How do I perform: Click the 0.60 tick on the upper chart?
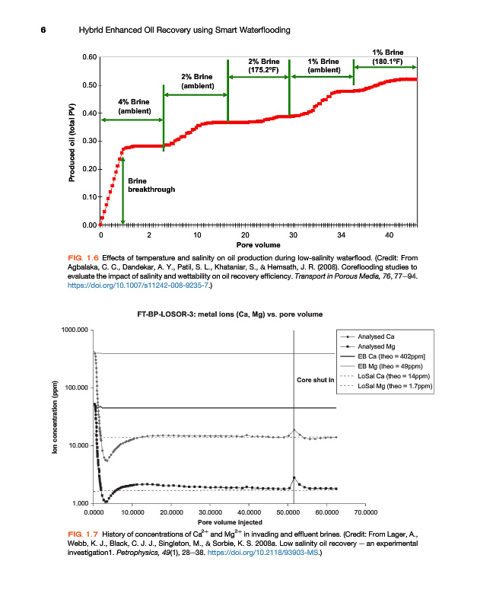click(x=88, y=57)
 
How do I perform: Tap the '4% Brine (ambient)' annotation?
click(x=134, y=107)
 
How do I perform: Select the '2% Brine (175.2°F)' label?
click(x=264, y=65)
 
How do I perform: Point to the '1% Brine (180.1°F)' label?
click(x=387, y=56)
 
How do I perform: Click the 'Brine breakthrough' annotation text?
click(x=151, y=184)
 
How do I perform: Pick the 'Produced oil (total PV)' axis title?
click(x=73, y=142)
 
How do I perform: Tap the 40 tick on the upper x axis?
click(x=388, y=235)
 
